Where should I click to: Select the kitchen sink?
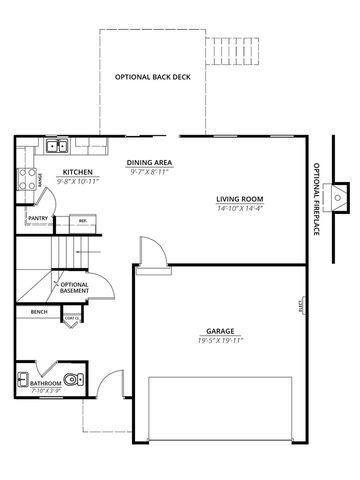click(57, 148)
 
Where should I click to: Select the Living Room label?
click(238, 199)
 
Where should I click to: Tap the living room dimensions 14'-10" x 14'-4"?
click(238, 208)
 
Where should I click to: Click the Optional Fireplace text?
click(317, 199)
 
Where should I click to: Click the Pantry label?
click(39, 218)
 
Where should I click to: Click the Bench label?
click(39, 312)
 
